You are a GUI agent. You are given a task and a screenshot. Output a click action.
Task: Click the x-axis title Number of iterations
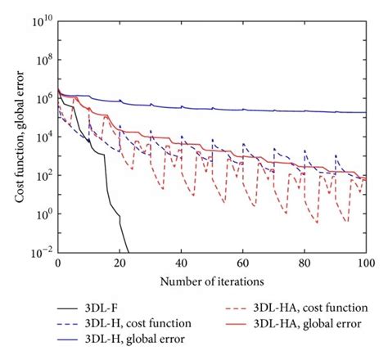coord(211,281)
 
